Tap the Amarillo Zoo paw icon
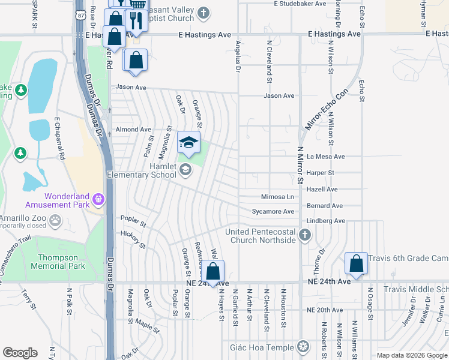coord(56,220)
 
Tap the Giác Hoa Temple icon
coord(303,347)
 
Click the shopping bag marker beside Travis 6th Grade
coord(357,263)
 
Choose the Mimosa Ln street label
coord(277,197)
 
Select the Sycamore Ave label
coord(273,211)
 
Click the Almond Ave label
coord(133,129)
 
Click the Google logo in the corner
coord(20,353)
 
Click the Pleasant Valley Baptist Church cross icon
coord(203,13)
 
